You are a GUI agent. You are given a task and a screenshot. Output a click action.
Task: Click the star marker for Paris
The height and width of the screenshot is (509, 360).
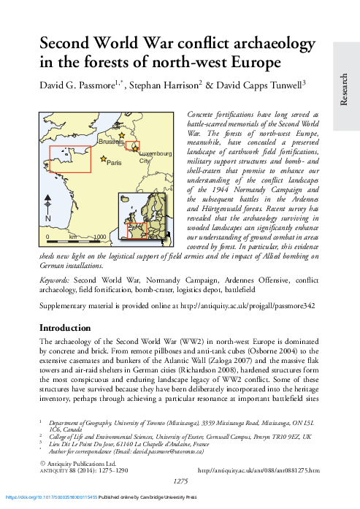coord(104,159)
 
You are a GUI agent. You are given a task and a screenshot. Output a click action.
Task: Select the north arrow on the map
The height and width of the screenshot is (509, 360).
coord(47,208)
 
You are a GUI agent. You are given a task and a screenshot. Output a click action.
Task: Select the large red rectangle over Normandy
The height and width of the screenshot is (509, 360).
coord(69,158)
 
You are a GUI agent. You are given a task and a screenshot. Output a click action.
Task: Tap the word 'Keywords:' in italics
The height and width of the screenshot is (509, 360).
coord(55,280)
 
